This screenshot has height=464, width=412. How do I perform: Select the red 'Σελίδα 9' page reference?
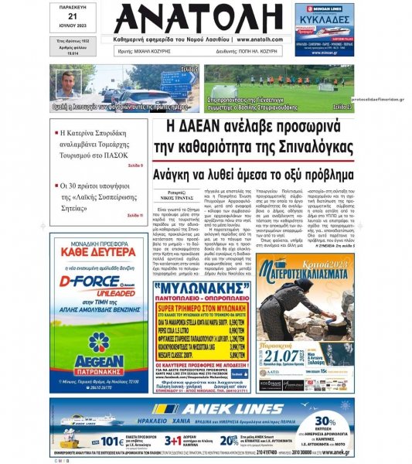131,165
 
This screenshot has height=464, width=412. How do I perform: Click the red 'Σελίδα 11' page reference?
131,215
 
